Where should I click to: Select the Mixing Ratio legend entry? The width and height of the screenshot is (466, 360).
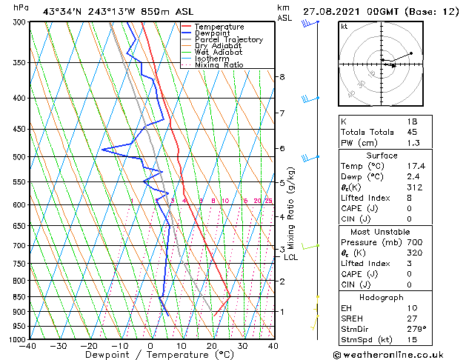[x=219, y=65]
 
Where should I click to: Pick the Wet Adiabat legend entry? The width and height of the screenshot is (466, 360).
[x=218, y=53]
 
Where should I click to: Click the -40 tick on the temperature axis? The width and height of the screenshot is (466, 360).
[x=28, y=345]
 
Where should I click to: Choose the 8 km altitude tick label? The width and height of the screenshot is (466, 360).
[x=282, y=77]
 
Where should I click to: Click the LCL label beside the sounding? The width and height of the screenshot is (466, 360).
[x=291, y=257]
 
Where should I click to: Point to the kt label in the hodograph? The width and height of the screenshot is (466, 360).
[x=344, y=26]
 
